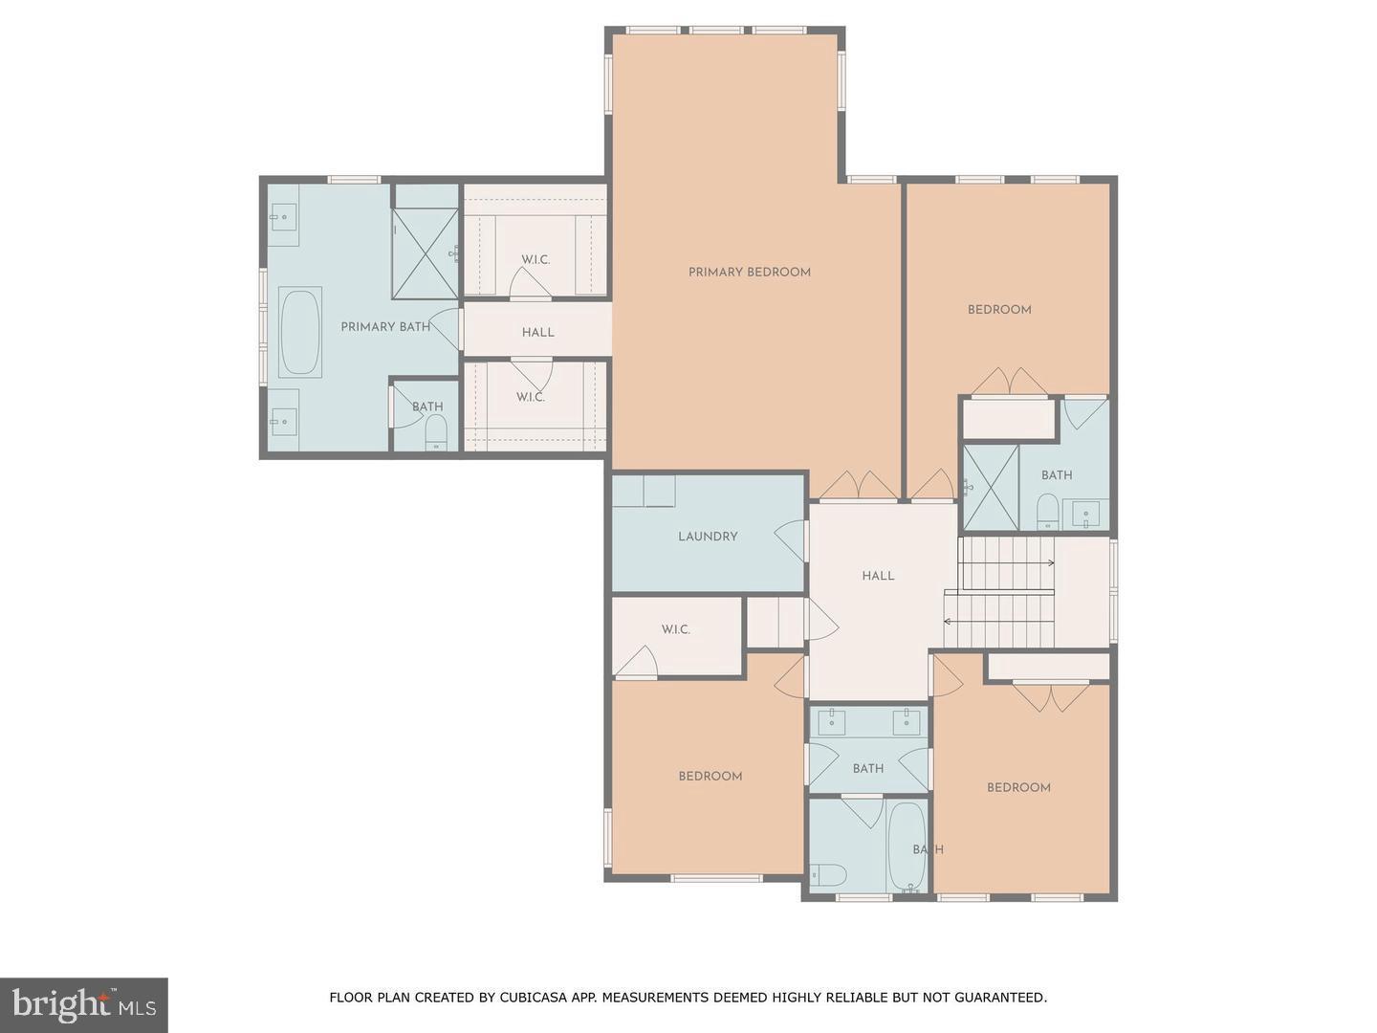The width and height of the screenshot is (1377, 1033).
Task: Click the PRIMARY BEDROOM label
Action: [749, 273]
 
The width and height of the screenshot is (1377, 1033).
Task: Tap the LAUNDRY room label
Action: [708, 537]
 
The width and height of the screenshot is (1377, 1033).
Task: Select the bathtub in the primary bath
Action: [300, 332]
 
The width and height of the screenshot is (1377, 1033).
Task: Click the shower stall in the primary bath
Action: [426, 253]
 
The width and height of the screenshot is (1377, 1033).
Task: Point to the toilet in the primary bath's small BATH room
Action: [435, 432]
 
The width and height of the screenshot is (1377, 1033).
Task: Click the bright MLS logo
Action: [84, 1004]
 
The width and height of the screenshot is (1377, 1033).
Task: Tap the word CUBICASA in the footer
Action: [535, 998]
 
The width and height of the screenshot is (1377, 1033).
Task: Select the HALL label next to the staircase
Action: [878, 576]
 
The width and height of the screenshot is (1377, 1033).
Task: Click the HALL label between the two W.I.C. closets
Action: [537, 333]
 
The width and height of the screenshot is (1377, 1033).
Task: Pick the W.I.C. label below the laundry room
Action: [675, 630]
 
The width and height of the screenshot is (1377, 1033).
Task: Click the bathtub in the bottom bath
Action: [907, 846]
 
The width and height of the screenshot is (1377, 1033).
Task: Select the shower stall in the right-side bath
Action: [990, 488]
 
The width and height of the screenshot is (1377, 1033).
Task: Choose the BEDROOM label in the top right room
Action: [998, 310]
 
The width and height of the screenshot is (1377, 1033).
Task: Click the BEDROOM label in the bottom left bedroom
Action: [710, 777]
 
